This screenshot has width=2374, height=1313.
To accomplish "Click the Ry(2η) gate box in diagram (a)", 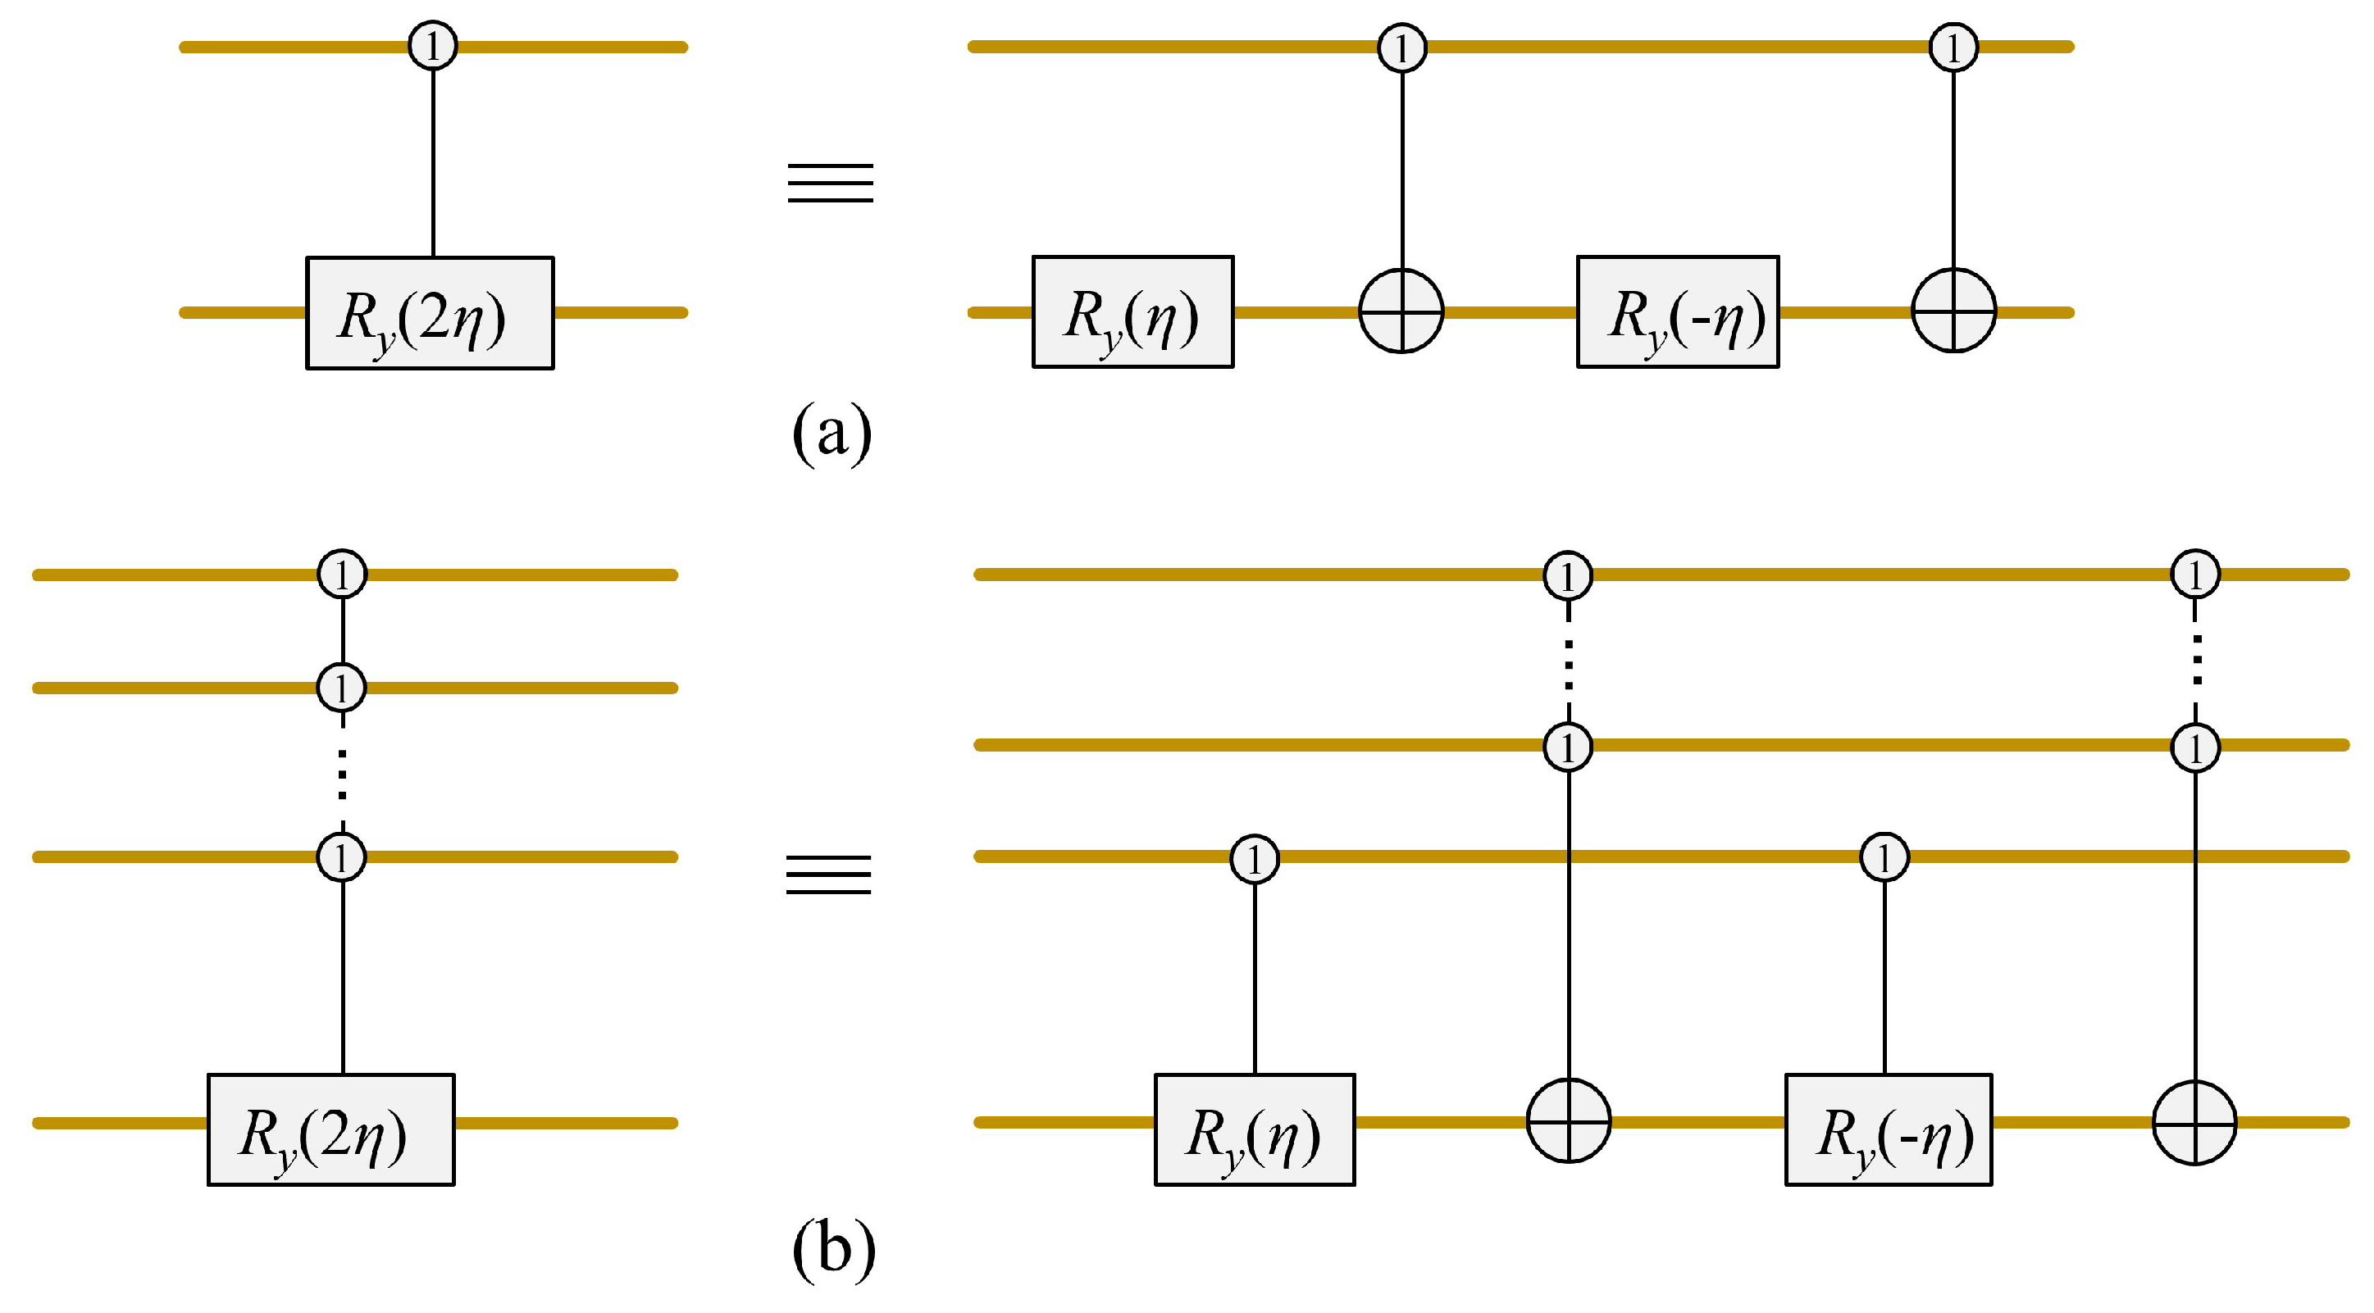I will pos(430,313).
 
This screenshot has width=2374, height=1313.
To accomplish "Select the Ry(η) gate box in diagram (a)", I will pos(1132,312).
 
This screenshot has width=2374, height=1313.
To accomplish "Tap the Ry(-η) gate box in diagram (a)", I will pos(1677,312).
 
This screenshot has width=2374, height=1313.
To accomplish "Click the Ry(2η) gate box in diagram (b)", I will pos(330,1129).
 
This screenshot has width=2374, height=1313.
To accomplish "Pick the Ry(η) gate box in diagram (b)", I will pos(1255,1129).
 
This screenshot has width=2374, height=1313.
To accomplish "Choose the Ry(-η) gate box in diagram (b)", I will pos(1889,1129).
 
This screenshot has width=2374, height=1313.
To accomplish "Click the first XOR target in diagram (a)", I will pos(1401,311).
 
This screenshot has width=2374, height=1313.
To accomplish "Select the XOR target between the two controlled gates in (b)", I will pos(1569,1121).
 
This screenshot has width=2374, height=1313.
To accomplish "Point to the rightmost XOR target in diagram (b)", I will pos(2194,1123).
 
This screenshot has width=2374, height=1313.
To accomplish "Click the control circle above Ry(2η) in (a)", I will pos(433,46).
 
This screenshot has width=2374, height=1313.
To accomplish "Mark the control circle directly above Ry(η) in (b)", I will pos(1255,859).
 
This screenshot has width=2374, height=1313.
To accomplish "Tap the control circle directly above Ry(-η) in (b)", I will pos(1884,858).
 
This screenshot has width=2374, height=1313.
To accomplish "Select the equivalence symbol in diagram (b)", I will pos(828,874).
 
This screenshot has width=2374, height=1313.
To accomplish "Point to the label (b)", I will pos(833,1249).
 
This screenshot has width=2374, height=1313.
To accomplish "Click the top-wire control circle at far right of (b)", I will pos(2195,574).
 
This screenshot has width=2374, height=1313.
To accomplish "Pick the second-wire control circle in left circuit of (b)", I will pos(342,688).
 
